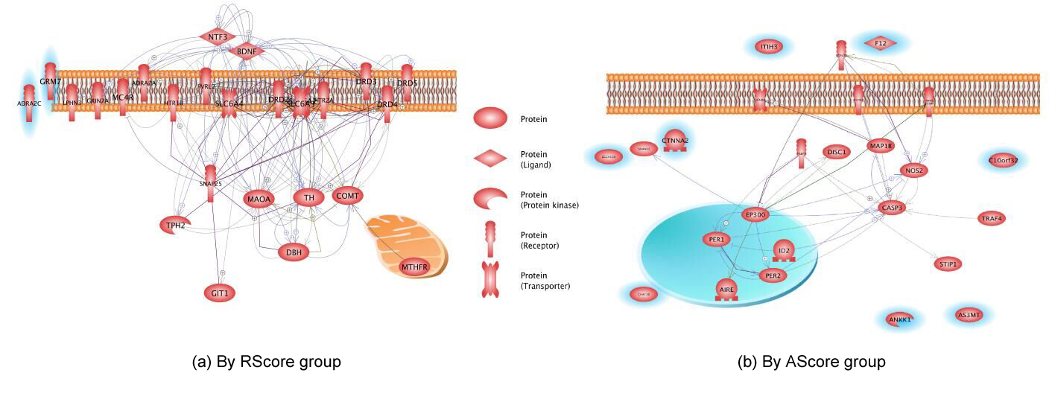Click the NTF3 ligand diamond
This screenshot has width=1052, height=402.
pos(218,36)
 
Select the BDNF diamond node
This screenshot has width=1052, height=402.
pos(247,51)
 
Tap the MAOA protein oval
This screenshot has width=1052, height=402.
pos(259,200)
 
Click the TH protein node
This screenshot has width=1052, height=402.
pos(308,197)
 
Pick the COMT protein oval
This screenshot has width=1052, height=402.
pos(348,197)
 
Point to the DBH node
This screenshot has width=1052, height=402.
pos(294,252)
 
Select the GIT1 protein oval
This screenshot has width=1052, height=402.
pos(220,293)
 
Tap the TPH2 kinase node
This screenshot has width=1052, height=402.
pos(175,225)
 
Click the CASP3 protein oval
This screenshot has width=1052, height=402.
pos(892,208)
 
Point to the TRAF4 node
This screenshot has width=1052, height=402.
pos(992,219)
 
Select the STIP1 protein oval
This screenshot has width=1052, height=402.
pos(948,264)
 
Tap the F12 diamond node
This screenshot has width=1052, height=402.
pos(881,44)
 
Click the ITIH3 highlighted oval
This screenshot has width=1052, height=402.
pos(769,47)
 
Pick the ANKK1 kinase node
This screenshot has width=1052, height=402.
pos(899,319)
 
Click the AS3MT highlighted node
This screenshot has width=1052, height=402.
pos(969,315)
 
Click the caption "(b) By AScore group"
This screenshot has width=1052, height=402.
pos(811,362)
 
